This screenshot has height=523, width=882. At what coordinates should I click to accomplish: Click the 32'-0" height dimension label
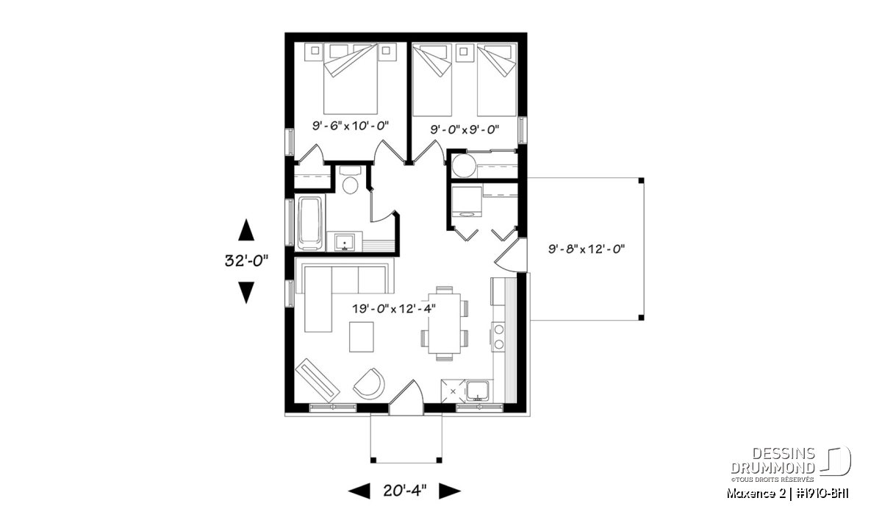tap(246, 260)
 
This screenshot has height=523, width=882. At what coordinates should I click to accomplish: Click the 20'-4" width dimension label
tap(405, 491)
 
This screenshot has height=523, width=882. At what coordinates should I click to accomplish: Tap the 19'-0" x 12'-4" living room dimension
tap(394, 309)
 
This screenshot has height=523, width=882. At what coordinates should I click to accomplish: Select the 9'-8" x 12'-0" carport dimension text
tap(587, 249)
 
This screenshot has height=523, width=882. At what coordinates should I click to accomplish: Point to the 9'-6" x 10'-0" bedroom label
tap(351, 126)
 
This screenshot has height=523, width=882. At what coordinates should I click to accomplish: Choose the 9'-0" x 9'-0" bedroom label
tap(465, 129)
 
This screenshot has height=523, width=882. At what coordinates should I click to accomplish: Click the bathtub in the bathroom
tap(311, 223)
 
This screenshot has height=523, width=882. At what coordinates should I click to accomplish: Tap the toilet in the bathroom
tap(350, 180)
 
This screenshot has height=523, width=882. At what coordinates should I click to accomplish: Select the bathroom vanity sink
tap(345, 241)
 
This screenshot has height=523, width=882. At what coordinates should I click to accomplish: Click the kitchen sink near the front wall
tap(478, 391)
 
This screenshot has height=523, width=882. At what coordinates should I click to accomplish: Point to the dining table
tap(444, 323)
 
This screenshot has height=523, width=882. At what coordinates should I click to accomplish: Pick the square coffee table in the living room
tap(362, 337)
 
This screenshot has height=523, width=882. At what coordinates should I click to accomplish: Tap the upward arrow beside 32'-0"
tap(246, 230)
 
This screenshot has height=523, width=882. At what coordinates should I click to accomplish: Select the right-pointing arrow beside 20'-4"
tap(450, 491)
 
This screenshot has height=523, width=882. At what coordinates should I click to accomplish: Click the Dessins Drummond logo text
tap(772, 460)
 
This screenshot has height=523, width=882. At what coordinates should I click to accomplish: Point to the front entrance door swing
tap(406, 397)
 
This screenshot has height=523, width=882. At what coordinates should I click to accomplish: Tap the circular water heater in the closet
tap(464, 166)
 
